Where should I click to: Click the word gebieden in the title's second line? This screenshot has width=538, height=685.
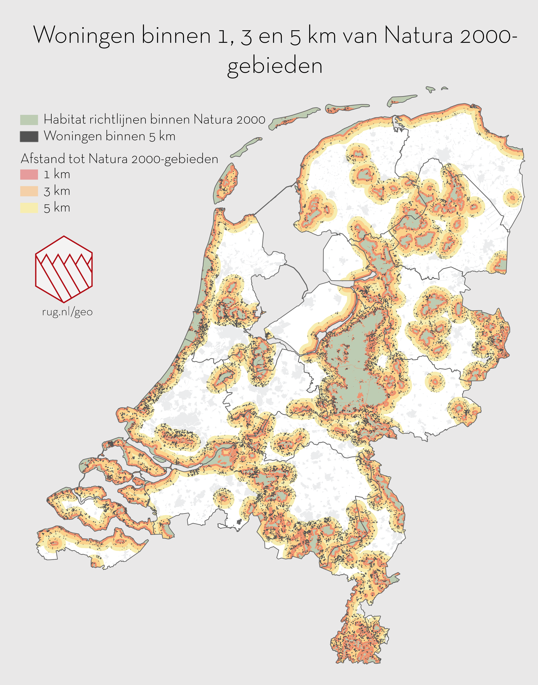[x=275, y=66]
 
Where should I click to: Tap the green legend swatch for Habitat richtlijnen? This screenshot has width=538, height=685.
[x=29, y=120]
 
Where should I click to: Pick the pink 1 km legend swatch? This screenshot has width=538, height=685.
[x=29, y=174]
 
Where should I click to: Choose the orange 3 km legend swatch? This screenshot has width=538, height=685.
[x=29, y=191]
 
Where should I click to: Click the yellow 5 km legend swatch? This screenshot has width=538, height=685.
[x=29, y=208]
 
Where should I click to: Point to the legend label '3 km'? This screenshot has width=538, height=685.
[x=57, y=191]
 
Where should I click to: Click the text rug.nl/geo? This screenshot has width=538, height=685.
[x=67, y=312]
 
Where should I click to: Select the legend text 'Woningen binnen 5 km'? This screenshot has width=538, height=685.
[x=109, y=136]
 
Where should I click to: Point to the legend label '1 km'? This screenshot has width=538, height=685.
[x=57, y=174]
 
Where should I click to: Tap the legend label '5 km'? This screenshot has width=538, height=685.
[x=57, y=208]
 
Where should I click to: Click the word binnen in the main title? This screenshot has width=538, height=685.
[x=176, y=36]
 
